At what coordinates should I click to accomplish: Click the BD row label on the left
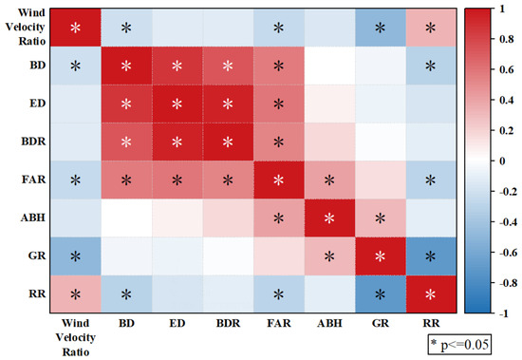pyautogui.click(x=38, y=65)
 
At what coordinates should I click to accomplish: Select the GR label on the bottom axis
pyautogui.click(x=381, y=323)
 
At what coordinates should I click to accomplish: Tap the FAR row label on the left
pyautogui.click(x=33, y=180)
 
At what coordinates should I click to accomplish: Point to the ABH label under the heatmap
pyautogui.click(x=329, y=323)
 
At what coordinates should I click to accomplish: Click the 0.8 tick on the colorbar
pyautogui.click(x=507, y=39)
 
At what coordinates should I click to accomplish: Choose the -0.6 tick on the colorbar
pyautogui.click(x=508, y=253)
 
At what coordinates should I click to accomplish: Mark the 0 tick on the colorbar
pyautogui.click(x=502, y=161)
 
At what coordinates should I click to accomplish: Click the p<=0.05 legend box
pyautogui.click(x=459, y=344)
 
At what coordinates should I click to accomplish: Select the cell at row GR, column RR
pyautogui.click(x=431, y=256)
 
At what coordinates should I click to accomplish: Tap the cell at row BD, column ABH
pyautogui.click(x=329, y=66)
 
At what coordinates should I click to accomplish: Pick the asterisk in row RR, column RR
pyautogui.click(x=431, y=294)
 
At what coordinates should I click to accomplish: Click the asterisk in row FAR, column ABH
pyautogui.click(x=329, y=180)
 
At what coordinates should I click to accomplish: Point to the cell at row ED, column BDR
pyautogui.click(x=228, y=104)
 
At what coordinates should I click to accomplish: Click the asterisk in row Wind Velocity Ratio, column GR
pyautogui.click(x=381, y=28)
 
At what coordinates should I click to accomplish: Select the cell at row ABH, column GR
pyautogui.click(x=381, y=218)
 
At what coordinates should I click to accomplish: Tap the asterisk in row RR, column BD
pyautogui.click(x=126, y=294)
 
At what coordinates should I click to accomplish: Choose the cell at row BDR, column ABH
pyautogui.click(x=329, y=142)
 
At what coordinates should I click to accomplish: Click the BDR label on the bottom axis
pyautogui.click(x=228, y=323)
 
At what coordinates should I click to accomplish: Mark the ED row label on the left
pyautogui.click(x=38, y=104)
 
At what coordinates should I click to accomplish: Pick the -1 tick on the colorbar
pyautogui.click(x=504, y=313)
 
